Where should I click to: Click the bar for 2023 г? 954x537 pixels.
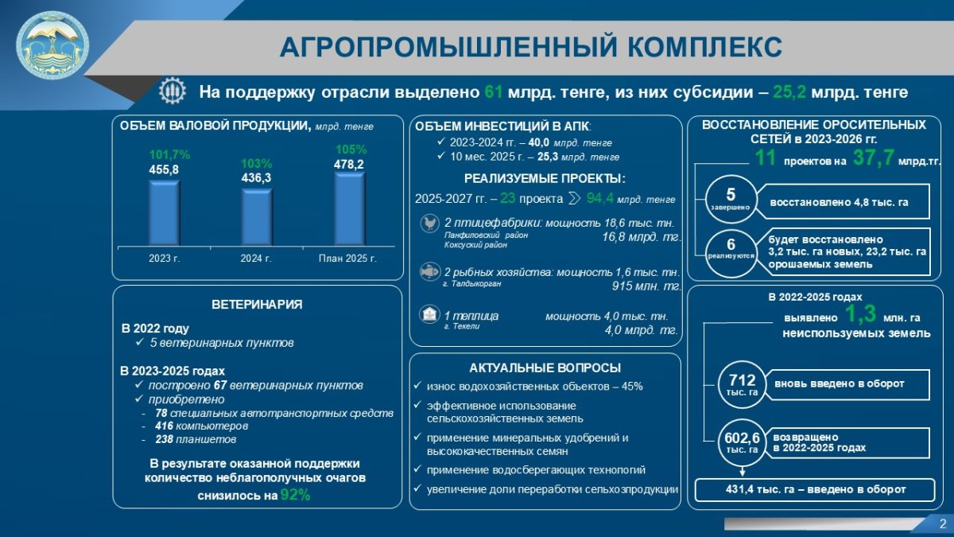point(165,212)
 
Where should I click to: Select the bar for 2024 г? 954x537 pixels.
point(257,217)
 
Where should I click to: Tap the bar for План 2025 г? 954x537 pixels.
point(349,208)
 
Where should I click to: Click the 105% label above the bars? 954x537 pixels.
point(351,150)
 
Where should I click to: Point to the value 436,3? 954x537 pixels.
point(256,177)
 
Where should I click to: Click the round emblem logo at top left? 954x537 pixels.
point(52,45)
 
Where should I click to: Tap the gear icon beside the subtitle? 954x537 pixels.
point(173,91)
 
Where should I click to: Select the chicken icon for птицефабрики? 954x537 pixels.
point(430,224)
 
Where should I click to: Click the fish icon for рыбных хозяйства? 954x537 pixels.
point(430,272)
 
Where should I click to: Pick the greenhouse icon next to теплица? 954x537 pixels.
point(429,314)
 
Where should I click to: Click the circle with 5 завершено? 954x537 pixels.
point(731,199)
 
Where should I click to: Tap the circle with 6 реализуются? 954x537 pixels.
point(731,253)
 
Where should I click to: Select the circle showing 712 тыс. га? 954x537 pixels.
point(743,384)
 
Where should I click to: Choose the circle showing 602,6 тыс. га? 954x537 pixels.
point(743,442)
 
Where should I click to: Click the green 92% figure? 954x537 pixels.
point(295,495)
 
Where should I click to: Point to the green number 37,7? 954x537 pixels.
point(873,158)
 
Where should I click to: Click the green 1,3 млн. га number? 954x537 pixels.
point(860,314)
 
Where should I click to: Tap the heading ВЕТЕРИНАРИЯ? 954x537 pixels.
point(257,304)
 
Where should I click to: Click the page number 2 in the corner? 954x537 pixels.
point(942,524)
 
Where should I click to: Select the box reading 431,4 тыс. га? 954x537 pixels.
point(815,490)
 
